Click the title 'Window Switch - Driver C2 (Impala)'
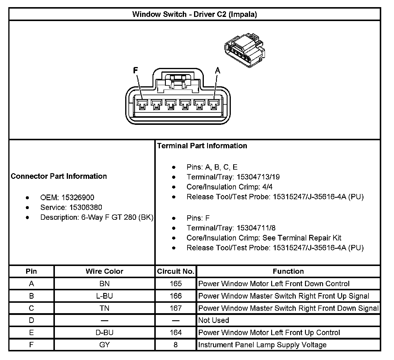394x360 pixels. tap(194, 14)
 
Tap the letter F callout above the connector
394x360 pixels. tap(135, 70)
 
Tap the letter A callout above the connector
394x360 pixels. tap(217, 70)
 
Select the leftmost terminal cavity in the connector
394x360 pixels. tap(142, 104)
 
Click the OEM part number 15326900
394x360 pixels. tap(78, 197)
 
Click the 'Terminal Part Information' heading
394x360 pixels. tap(202, 146)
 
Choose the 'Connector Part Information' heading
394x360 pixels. tap(59, 176)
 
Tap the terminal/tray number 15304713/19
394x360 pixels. tap(258, 177)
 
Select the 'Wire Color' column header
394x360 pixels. tap(104, 271)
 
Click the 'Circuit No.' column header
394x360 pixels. tap(176, 271)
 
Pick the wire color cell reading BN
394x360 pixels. tap(104, 284)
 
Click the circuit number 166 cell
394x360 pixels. tap(176, 296)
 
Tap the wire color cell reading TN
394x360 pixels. tap(104, 308)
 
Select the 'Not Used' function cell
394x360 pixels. tap(214, 320)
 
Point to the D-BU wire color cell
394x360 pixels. tap(104, 333)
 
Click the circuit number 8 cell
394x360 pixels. tap(176, 345)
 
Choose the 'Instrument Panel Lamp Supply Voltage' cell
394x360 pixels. tap(262, 345)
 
